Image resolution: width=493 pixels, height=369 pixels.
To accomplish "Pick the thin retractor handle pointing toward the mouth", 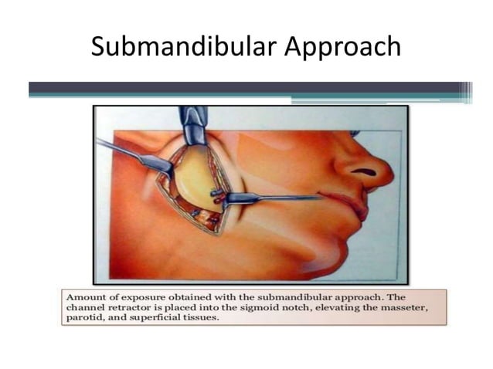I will pyautogui.click(x=286, y=198).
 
